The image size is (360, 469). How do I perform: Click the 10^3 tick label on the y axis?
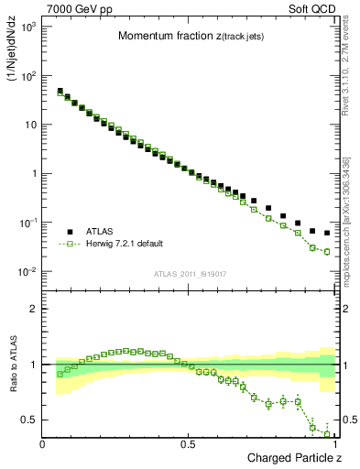(x=28, y=27)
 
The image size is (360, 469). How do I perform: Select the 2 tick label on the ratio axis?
(x=33, y=309)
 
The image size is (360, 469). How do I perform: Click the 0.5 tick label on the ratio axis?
(x=29, y=420)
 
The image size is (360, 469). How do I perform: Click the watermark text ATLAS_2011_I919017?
(x=188, y=273)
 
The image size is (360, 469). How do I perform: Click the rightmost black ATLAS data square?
(x=327, y=233)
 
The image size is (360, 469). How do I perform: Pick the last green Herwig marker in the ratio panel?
(x=327, y=434)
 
